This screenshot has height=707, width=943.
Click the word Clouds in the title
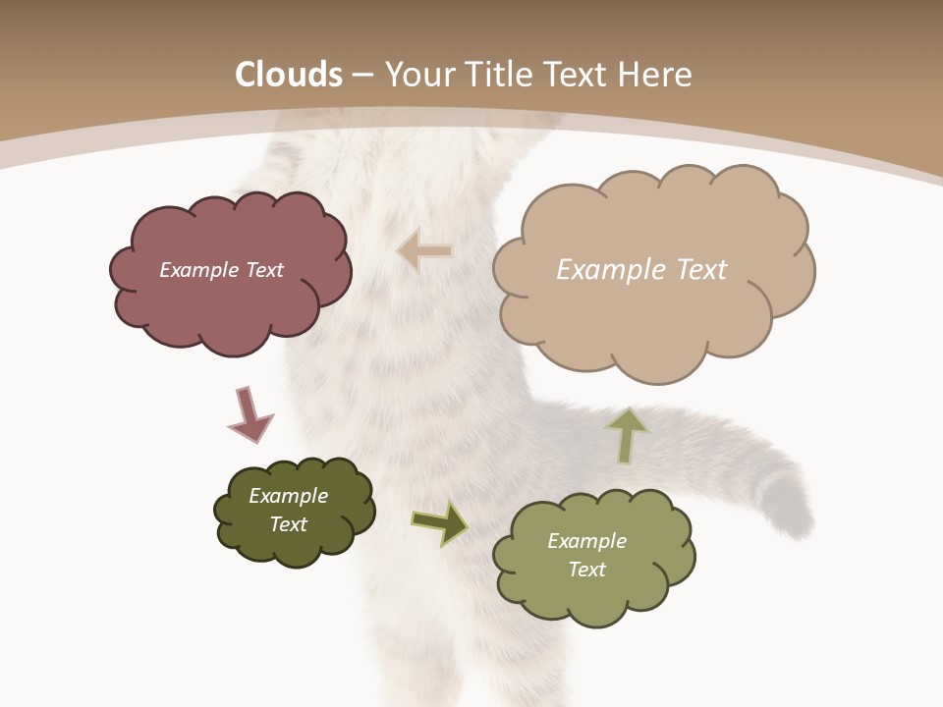(x=289, y=75)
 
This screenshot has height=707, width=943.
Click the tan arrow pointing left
(x=424, y=250)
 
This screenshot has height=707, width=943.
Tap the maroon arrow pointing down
(x=250, y=413)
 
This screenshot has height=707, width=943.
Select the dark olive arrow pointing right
(x=439, y=522)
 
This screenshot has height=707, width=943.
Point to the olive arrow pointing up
(x=627, y=435)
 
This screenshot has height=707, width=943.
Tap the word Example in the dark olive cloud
(x=288, y=496)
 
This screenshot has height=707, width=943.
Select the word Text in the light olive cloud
(x=586, y=570)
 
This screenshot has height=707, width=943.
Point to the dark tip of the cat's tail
(x=792, y=501)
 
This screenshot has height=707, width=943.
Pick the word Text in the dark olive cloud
(x=288, y=524)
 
